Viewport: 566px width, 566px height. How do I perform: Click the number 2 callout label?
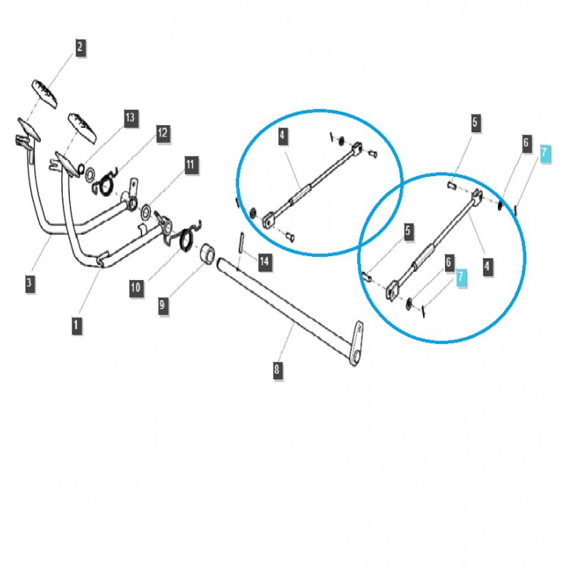tap(80, 47)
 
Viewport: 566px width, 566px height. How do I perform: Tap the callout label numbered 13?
tap(130, 117)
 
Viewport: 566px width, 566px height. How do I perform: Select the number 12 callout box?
tap(163, 133)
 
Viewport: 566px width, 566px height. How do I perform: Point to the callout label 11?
tap(190, 165)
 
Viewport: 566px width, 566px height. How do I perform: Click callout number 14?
tap(264, 261)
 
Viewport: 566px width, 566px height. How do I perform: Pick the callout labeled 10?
tap(136, 288)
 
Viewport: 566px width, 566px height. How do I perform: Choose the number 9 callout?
tap(163, 306)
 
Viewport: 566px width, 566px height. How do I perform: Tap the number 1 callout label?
tap(76, 325)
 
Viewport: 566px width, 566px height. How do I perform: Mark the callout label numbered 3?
tap(30, 282)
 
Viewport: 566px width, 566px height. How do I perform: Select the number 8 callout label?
tap(277, 369)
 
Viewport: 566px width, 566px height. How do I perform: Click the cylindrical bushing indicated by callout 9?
tap(207, 253)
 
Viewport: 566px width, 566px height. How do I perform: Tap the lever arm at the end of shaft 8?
tap(357, 343)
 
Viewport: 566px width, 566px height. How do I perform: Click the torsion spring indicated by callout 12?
tap(105, 184)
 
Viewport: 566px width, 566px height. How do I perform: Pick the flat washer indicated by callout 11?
tap(146, 212)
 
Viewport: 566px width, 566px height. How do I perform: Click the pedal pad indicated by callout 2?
tap(45, 94)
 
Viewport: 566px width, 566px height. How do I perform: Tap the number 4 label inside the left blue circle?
tap(282, 136)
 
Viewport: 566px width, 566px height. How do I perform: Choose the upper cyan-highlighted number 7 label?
tap(545, 153)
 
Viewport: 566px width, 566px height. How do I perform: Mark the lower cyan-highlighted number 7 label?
tap(461, 277)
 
